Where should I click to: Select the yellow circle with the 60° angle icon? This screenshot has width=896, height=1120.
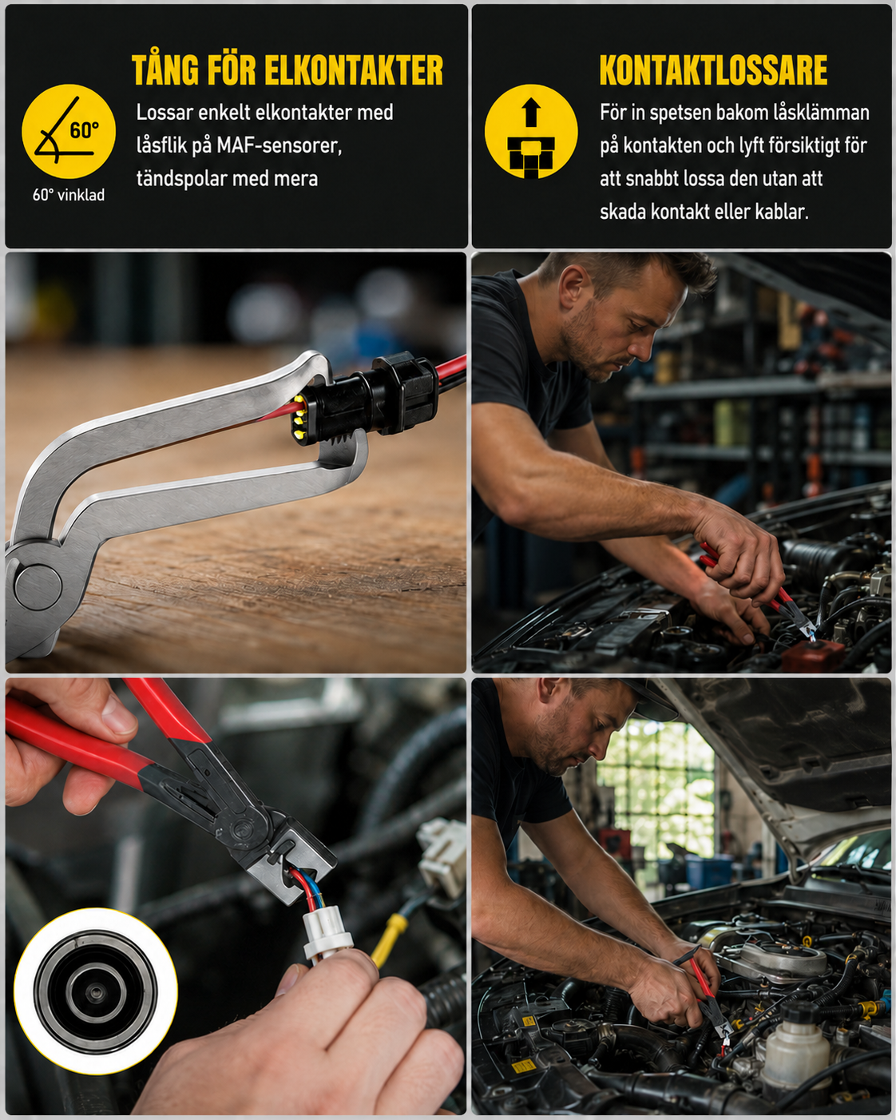tap(69, 131)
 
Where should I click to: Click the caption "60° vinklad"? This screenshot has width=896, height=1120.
tap(69, 195)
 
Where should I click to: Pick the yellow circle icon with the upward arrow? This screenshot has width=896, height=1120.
tap(531, 131)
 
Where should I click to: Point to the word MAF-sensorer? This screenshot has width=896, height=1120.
tap(279, 146)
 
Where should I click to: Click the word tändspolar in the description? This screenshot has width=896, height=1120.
tap(181, 179)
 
